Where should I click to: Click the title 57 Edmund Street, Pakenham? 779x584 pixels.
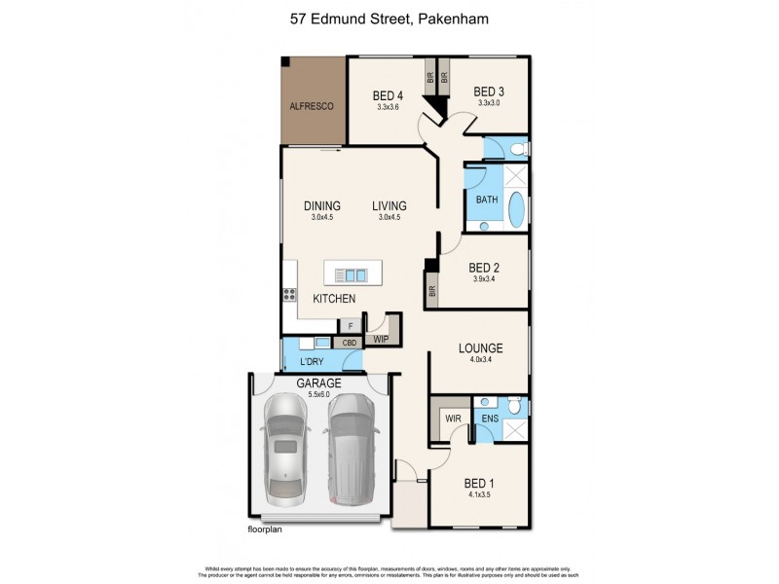[x=389, y=18]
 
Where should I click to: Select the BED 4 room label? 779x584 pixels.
[x=388, y=95]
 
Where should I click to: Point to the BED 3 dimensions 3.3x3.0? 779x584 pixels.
[x=489, y=103]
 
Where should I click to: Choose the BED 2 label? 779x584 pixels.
[x=484, y=268]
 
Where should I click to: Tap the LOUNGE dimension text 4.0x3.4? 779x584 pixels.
[x=480, y=360]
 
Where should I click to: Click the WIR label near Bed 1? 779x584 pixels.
[x=453, y=419]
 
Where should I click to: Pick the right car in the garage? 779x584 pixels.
[x=351, y=453]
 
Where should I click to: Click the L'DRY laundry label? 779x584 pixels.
[x=298, y=361]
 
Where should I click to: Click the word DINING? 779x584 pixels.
[x=321, y=205]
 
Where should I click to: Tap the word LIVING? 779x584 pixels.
[x=389, y=205]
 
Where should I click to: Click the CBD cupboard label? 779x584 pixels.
[x=348, y=343]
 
